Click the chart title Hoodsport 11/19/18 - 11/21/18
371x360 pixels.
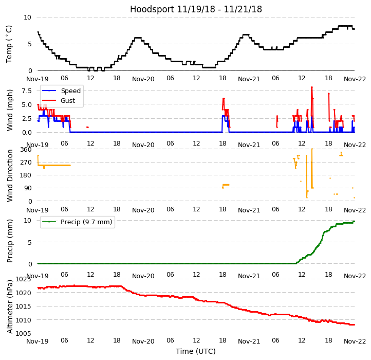[x=196, y=9]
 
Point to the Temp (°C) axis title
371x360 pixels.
[x=9, y=44]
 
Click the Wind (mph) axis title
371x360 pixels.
[x=10, y=110]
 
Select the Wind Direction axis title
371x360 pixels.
[x=10, y=175]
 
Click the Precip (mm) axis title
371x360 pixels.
[x=10, y=240]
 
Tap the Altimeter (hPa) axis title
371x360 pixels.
[x=10, y=307]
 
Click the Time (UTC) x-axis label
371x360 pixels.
[x=196, y=351]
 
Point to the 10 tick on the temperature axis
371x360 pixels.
[x=27, y=17]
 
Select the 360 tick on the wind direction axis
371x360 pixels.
[x=26, y=150]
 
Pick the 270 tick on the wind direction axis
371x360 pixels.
[x=26, y=163]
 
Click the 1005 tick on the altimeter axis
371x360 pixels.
[x=23, y=334]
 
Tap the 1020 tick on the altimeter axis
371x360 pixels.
[x=23, y=293]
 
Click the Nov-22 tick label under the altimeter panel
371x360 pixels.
[x=355, y=341]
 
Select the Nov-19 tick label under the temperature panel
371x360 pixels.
[x=38, y=79]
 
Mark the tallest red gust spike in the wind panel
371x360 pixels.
[x=311, y=88]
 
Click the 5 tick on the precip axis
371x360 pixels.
[x=29, y=242]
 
